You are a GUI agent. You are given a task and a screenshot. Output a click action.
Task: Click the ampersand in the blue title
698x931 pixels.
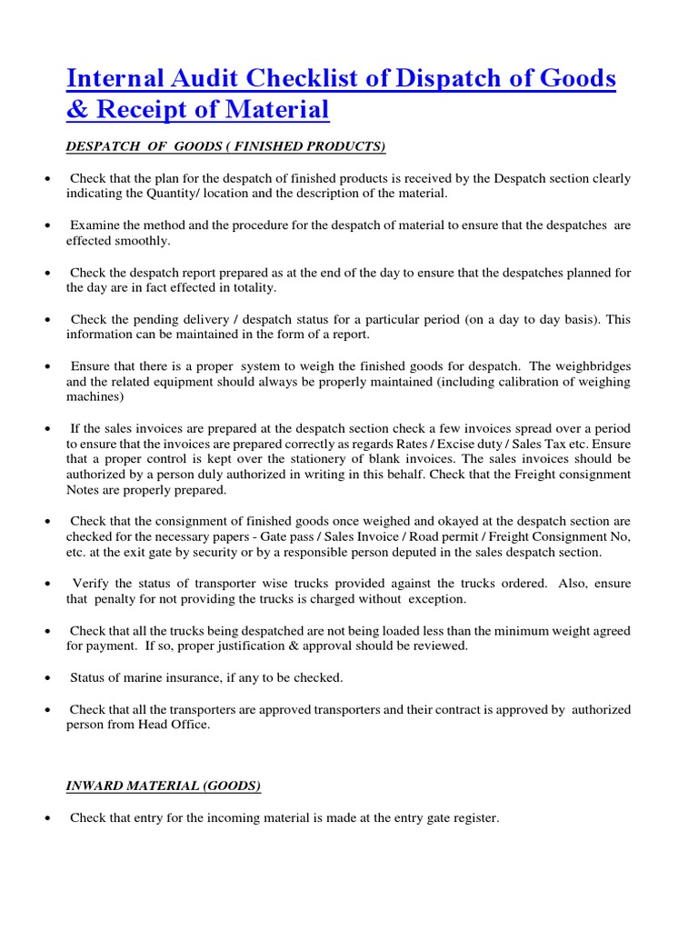pos(75,111)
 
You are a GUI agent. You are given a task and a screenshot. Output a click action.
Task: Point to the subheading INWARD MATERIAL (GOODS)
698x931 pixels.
pos(164,786)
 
